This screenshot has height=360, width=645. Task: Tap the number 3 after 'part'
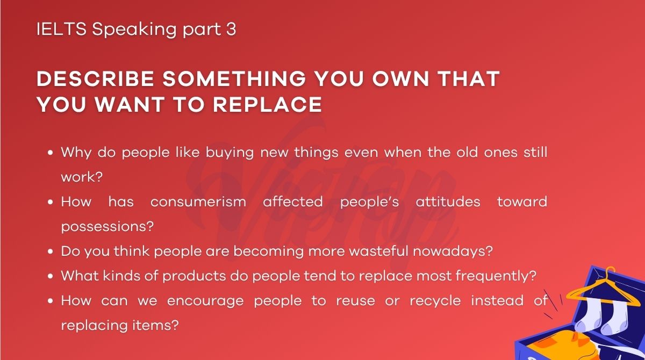click(231, 30)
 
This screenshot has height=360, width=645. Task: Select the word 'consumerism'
click(198, 201)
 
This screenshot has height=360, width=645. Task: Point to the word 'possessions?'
click(107, 226)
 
